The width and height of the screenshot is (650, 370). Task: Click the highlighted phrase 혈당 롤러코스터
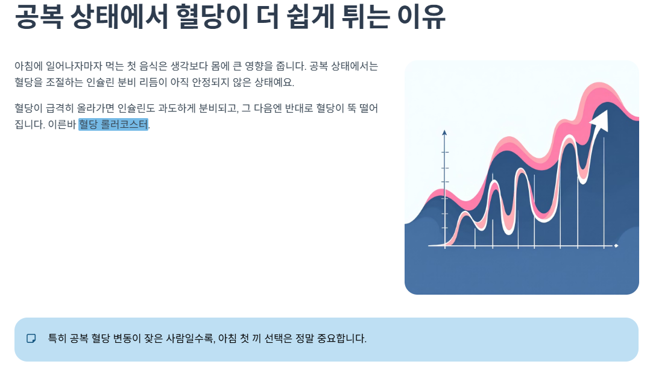pos(113,125)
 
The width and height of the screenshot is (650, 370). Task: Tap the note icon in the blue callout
pos(31,339)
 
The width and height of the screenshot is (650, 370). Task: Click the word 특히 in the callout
pos(57,339)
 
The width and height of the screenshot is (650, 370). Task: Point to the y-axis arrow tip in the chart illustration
pos(444,132)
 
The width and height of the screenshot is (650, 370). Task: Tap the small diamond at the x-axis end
pos(616,246)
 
